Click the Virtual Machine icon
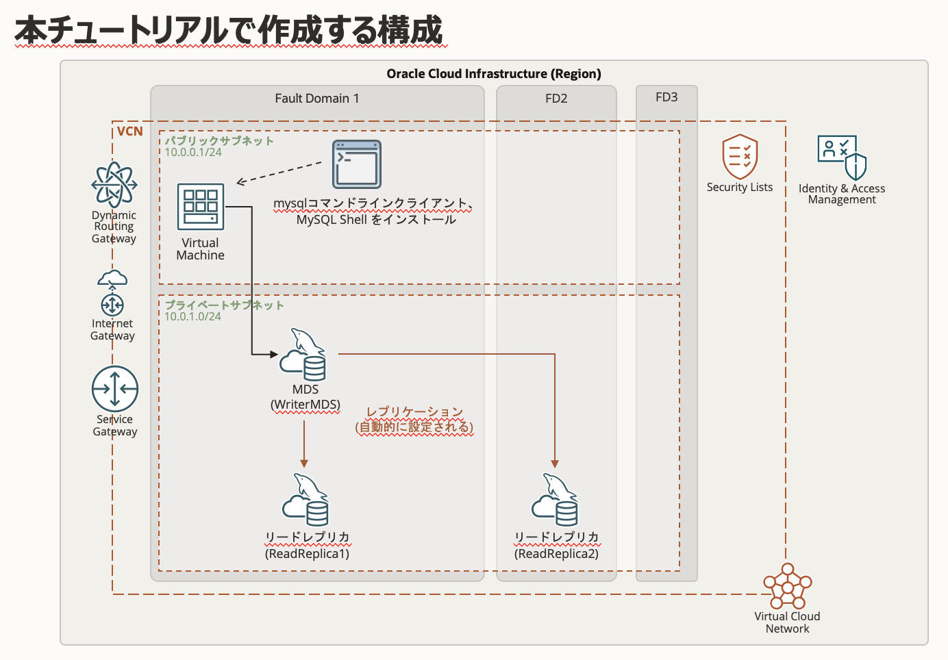(201, 206)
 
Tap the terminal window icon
(356, 164)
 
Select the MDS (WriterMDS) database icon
(303, 355)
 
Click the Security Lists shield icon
(740, 156)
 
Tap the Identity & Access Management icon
(842, 157)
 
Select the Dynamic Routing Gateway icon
(114, 185)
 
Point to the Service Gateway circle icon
(115, 389)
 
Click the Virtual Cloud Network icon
(788, 586)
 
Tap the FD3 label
(666, 97)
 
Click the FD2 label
(556, 99)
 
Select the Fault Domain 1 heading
(316, 99)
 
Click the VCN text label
(130, 131)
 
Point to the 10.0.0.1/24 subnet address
(193, 152)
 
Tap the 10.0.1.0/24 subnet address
(192, 316)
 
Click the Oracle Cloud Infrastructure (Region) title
(494, 74)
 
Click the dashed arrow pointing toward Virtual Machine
(279, 173)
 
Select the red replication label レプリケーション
(414, 412)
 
